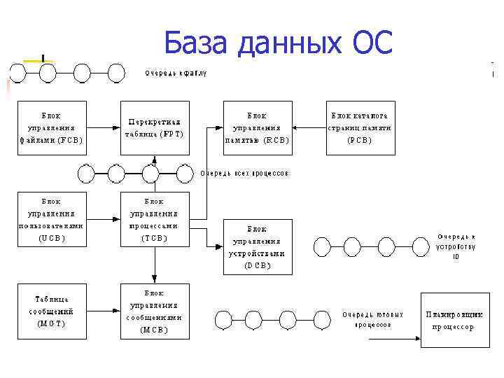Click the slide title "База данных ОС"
coord(279,43)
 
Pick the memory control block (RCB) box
coord(257,127)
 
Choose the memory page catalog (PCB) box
coord(360,127)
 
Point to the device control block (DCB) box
coord(257,246)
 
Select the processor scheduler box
coord(452,319)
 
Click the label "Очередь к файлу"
coord(176,73)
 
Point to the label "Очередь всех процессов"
coord(245,173)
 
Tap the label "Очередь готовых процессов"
coord(372,320)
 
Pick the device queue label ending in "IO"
coord(456,246)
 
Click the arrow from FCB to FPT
coord(103,127)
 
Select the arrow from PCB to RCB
coord(309,127)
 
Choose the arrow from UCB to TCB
coord(103,219)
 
